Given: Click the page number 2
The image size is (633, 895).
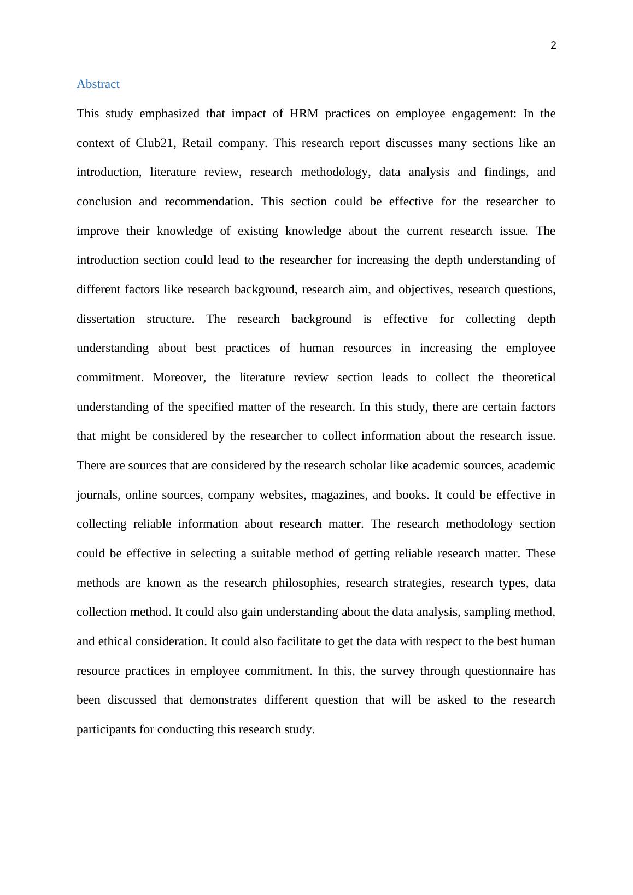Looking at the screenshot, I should (x=553, y=46).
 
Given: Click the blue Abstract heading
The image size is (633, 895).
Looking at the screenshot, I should (x=98, y=84).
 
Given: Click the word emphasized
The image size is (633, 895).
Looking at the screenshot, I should (x=169, y=114).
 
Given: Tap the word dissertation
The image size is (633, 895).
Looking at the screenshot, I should (x=106, y=319).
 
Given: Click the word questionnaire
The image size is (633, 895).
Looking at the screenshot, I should (x=499, y=671).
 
